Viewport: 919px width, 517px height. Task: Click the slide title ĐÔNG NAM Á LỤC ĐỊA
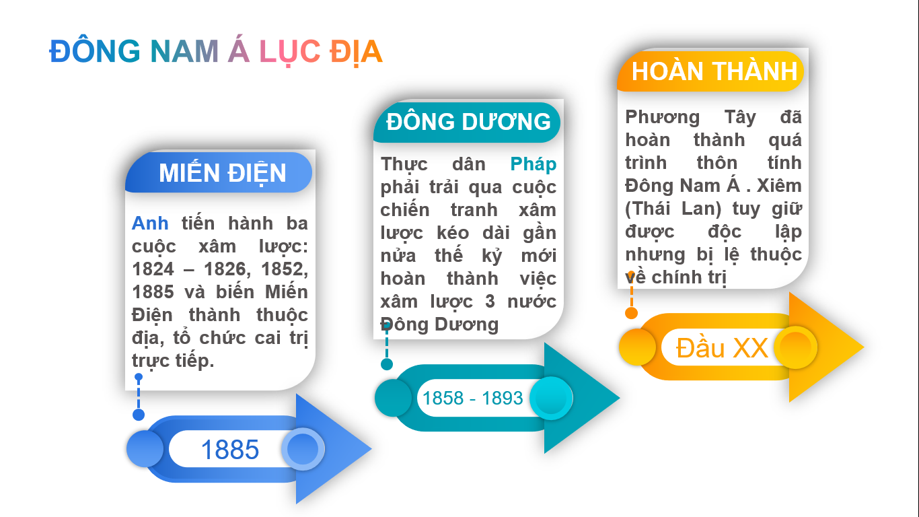click(x=216, y=52)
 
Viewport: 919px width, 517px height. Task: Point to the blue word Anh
click(x=150, y=223)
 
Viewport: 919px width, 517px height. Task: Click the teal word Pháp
click(x=534, y=164)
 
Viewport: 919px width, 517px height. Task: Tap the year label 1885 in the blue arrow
click(x=230, y=450)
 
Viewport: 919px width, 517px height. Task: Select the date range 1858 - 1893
click(x=473, y=398)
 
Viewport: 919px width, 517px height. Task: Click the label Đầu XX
click(x=722, y=348)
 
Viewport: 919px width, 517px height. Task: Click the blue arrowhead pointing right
click(x=328, y=449)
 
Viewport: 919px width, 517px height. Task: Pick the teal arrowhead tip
click(x=619, y=397)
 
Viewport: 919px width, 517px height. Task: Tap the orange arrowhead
click(x=821, y=347)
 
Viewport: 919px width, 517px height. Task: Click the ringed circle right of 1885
click(x=303, y=449)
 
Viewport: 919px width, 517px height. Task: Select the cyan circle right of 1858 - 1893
click(x=551, y=398)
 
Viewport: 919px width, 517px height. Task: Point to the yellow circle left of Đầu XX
click(x=637, y=347)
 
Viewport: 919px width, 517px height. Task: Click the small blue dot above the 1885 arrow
click(x=139, y=415)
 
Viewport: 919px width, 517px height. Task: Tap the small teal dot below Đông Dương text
click(x=387, y=364)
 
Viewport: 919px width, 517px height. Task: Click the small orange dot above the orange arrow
click(x=632, y=313)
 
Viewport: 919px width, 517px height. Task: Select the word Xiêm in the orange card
click(x=779, y=186)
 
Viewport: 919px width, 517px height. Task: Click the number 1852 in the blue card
click(x=285, y=270)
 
